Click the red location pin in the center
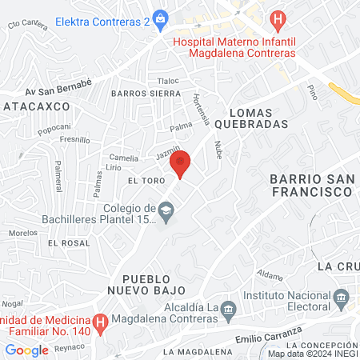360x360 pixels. [181, 162]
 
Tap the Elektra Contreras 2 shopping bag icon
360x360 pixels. [161, 18]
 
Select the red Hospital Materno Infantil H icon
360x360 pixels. [278, 18]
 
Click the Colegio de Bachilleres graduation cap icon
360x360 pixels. [166, 214]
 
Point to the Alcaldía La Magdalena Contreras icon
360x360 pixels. [228, 309]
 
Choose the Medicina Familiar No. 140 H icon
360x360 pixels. [100, 323]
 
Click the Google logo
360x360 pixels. [26, 350]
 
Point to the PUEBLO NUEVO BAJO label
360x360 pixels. [154, 282]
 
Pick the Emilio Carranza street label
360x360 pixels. [270, 334]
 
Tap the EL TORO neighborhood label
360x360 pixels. [146, 181]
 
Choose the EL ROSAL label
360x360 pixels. [68, 242]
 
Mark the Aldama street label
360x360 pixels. [270, 276]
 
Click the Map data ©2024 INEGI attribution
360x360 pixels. [312, 354]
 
